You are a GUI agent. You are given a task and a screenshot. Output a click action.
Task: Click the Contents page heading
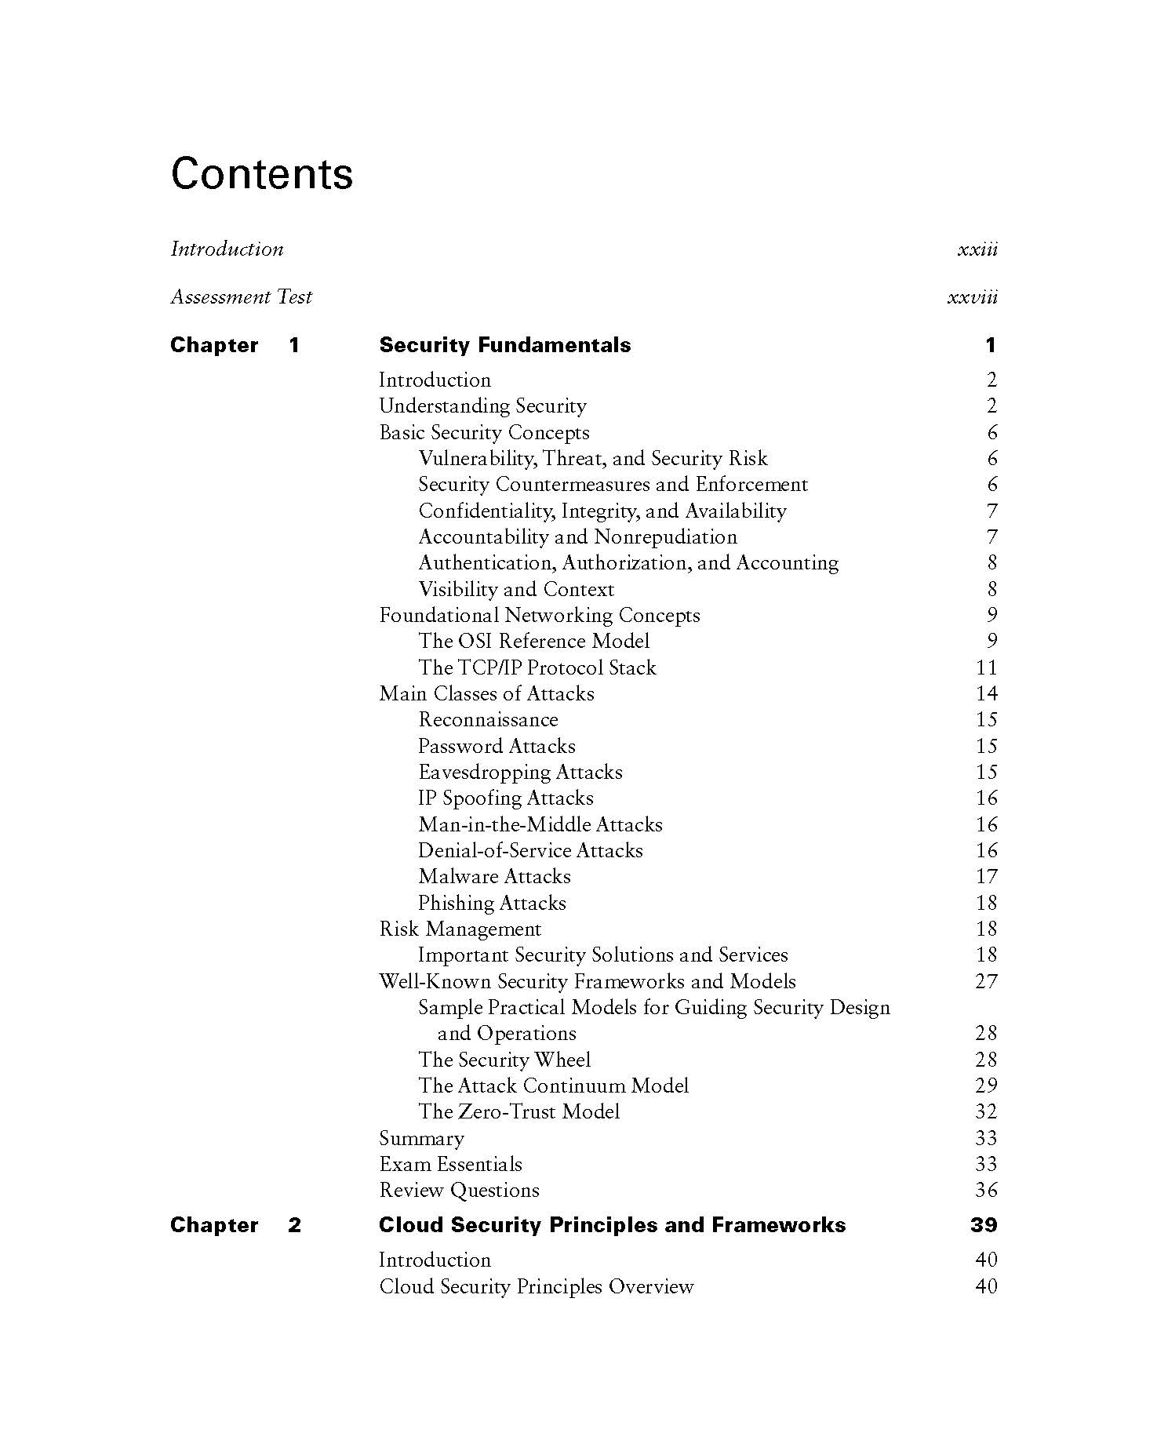(x=261, y=173)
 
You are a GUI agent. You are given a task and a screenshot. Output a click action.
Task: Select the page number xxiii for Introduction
(x=977, y=249)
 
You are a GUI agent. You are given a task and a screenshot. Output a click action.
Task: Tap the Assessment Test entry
(x=241, y=296)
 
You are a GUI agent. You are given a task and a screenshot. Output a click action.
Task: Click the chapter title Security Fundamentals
(x=504, y=345)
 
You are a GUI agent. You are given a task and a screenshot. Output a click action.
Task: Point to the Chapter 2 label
(x=235, y=1225)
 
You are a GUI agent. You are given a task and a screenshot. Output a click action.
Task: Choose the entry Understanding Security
(x=482, y=405)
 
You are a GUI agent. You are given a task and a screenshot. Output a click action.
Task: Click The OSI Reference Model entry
(x=533, y=641)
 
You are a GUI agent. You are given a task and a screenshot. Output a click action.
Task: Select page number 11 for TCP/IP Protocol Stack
(x=986, y=667)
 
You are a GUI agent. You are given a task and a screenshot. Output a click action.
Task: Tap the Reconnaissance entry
(x=488, y=719)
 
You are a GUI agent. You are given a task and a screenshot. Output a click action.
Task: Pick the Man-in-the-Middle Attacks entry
(x=540, y=824)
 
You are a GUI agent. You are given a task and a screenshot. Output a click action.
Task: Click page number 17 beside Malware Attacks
(x=986, y=876)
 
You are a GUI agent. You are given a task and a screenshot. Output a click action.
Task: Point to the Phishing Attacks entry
(x=492, y=903)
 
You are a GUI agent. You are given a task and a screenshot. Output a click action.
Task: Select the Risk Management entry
(x=460, y=929)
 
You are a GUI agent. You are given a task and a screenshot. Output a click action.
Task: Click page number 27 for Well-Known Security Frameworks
(x=986, y=981)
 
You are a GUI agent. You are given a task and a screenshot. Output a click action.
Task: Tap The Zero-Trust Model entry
(x=518, y=1111)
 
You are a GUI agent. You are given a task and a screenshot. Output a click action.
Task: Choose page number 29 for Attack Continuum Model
(x=986, y=1086)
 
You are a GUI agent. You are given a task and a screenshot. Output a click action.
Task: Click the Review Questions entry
(x=459, y=1190)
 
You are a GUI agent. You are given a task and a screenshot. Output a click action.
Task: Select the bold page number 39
(x=984, y=1225)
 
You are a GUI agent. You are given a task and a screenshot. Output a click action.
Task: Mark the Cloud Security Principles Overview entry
(x=536, y=1286)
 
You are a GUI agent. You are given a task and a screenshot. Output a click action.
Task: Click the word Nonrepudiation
(x=665, y=536)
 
